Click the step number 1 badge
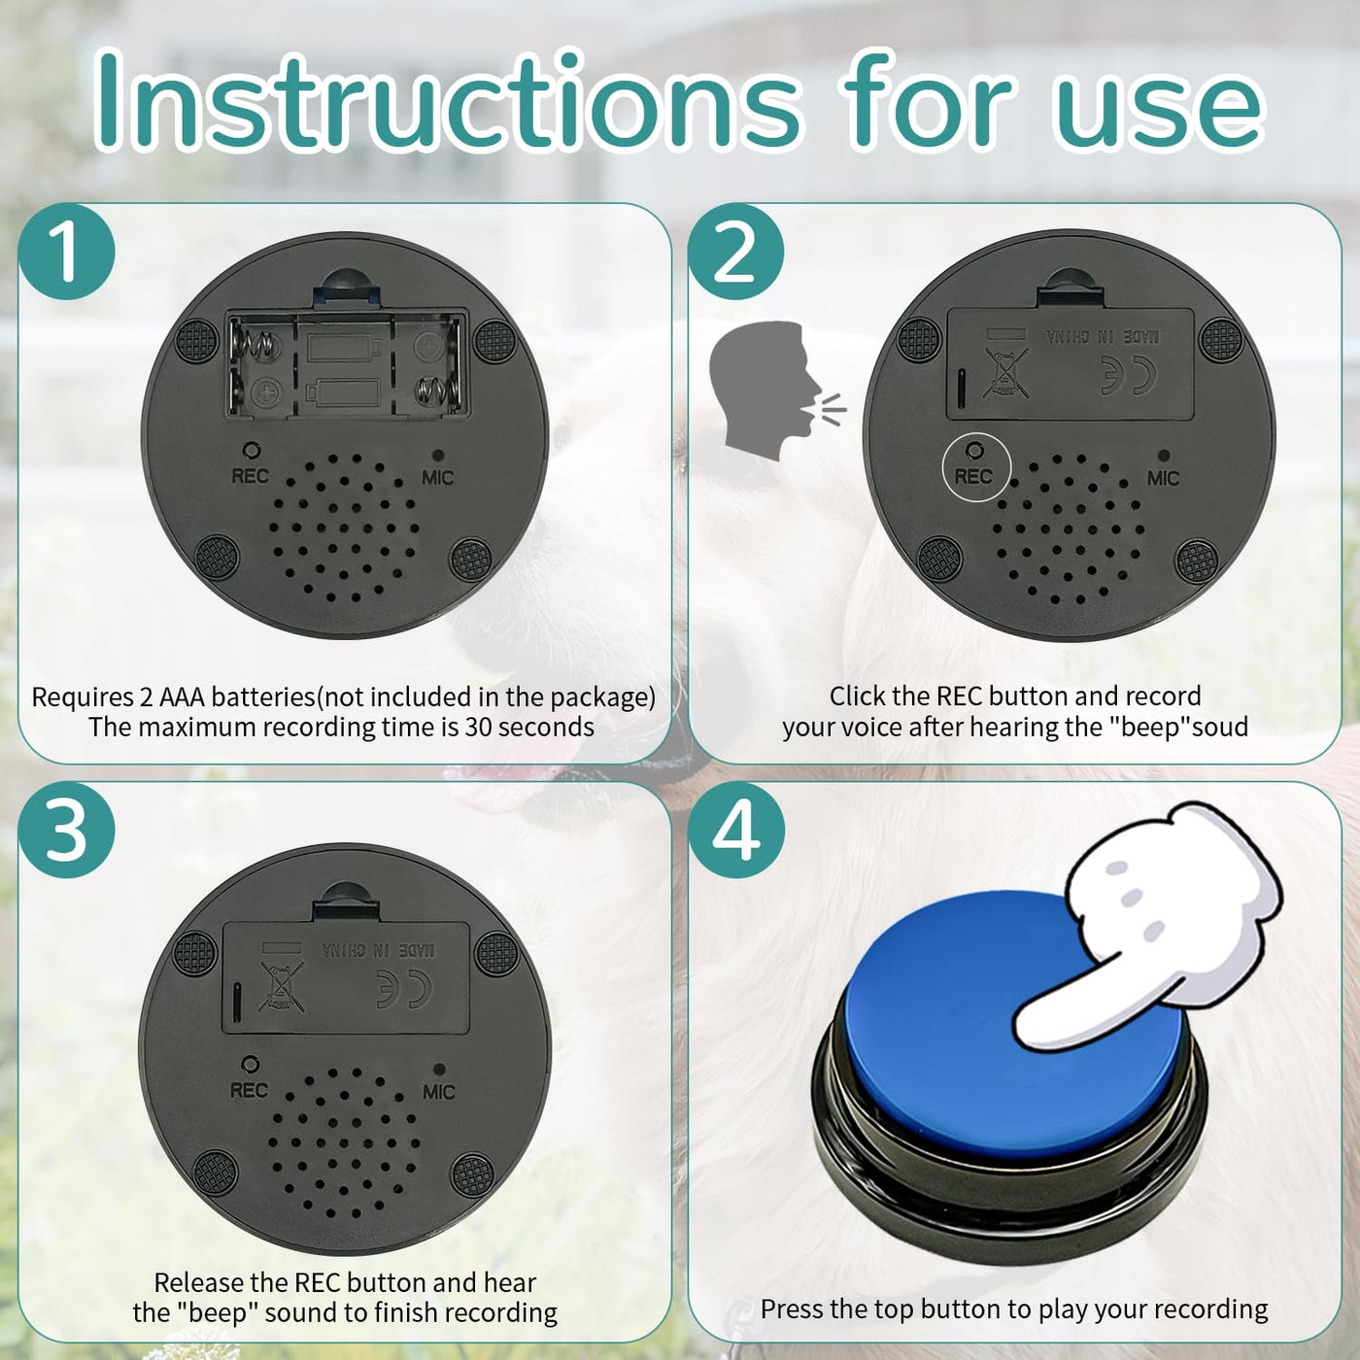(66, 252)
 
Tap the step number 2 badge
(736, 252)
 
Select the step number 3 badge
(66, 830)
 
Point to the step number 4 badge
(736, 830)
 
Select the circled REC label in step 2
(974, 477)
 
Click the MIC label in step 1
(437, 478)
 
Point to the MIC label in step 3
(438, 1092)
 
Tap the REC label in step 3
(249, 1090)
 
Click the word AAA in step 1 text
(182, 697)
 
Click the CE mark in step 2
(1129, 375)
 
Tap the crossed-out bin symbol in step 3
(281, 987)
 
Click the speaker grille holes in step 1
(344, 527)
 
